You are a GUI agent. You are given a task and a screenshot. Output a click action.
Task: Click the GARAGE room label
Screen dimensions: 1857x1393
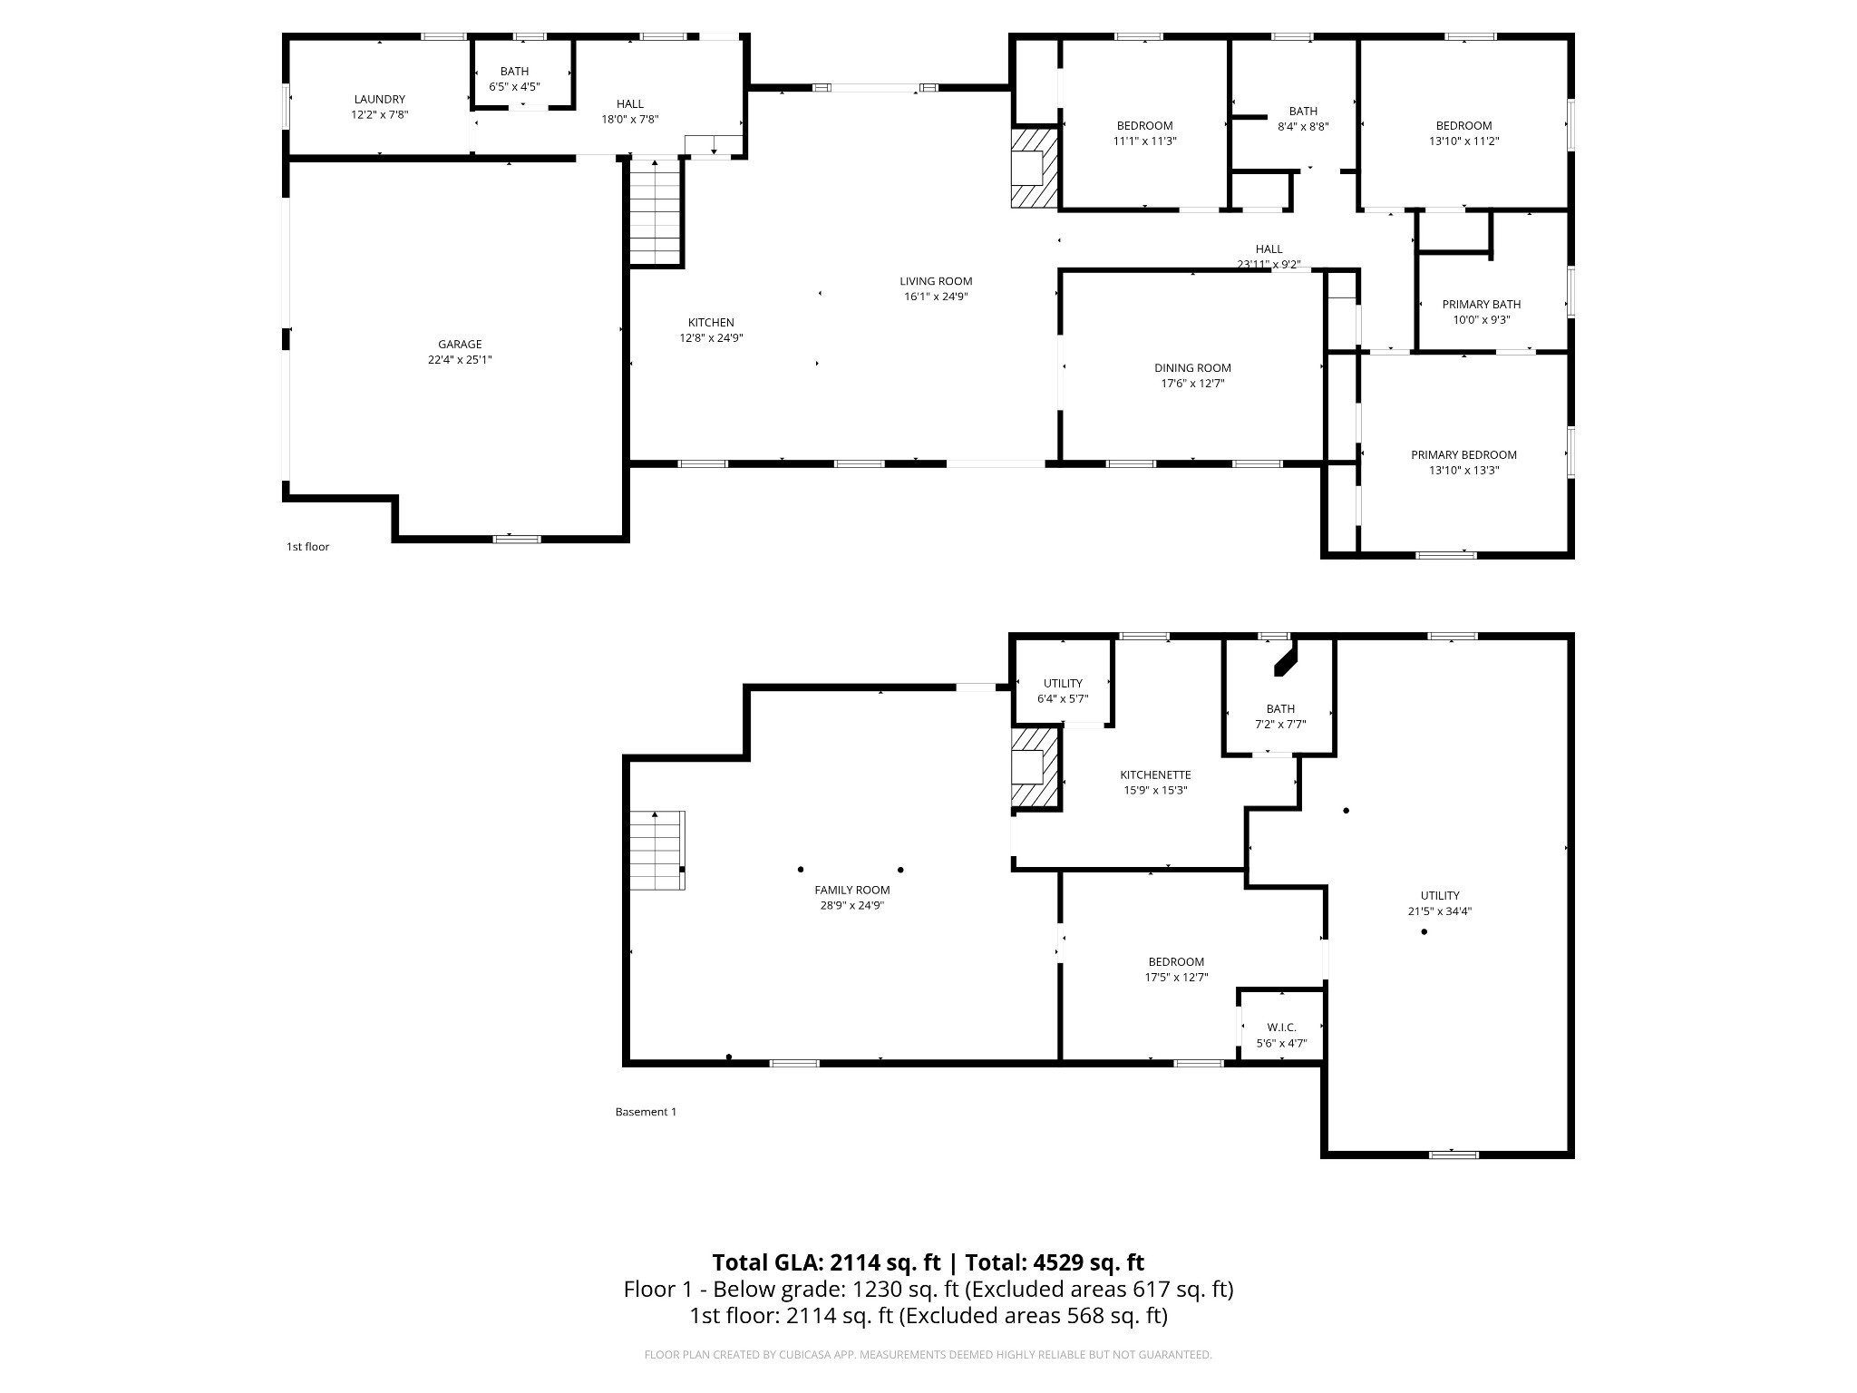point(460,345)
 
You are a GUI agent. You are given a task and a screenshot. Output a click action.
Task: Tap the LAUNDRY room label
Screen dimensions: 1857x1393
point(380,100)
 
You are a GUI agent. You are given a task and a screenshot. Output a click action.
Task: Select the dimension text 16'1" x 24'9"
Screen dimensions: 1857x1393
point(936,297)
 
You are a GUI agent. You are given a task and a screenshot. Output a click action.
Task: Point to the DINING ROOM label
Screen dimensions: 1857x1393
point(1192,368)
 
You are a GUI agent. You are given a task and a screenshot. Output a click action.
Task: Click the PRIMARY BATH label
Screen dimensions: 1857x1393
point(1482,305)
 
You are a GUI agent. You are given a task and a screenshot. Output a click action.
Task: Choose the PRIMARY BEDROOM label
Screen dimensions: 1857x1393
point(1463,455)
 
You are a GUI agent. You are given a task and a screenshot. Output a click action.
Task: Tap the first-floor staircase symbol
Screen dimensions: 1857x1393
point(656,210)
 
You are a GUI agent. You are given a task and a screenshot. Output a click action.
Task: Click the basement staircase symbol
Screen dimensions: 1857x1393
point(657,851)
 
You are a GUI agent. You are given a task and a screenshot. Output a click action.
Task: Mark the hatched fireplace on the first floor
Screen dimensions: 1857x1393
point(1035,168)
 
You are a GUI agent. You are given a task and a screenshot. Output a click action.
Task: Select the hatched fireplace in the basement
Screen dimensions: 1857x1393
point(1035,767)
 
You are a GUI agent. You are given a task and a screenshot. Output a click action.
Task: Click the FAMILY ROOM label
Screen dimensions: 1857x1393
point(852,891)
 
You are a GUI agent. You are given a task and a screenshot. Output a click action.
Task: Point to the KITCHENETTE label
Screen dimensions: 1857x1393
point(1155,775)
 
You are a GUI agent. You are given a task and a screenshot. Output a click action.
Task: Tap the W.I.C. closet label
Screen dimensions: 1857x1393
point(1282,1028)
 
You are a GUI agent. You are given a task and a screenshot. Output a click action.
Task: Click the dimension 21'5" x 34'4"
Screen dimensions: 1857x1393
point(1440,911)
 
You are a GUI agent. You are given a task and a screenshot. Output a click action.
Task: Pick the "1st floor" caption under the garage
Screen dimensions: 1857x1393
point(308,547)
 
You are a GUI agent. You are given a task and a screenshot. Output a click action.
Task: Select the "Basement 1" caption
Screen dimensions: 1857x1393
point(646,1112)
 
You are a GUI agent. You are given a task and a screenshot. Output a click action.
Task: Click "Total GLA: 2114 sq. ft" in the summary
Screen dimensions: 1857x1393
point(827,1262)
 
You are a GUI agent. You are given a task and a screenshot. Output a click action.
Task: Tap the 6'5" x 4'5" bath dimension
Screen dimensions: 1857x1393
point(514,87)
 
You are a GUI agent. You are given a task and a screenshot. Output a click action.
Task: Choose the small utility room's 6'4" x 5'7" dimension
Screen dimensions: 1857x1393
point(1063,699)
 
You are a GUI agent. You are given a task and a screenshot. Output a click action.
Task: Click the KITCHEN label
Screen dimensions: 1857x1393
point(711,323)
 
